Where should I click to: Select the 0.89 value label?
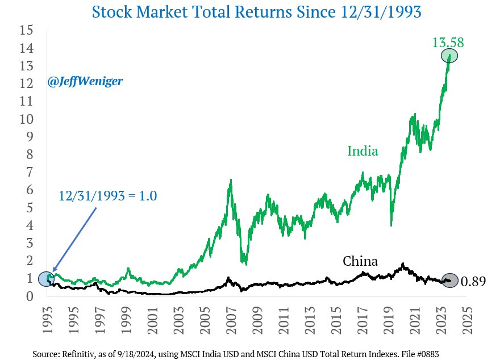tap(473, 282)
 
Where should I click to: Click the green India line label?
tap(363, 151)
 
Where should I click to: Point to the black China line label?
tap(360, 261)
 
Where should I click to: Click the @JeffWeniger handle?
tap(85, 82)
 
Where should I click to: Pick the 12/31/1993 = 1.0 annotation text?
tap(107, 196)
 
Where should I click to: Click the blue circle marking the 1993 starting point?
tap(47, 279)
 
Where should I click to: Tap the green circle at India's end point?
tap(449, 56)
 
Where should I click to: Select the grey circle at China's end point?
tap(449, 280)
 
